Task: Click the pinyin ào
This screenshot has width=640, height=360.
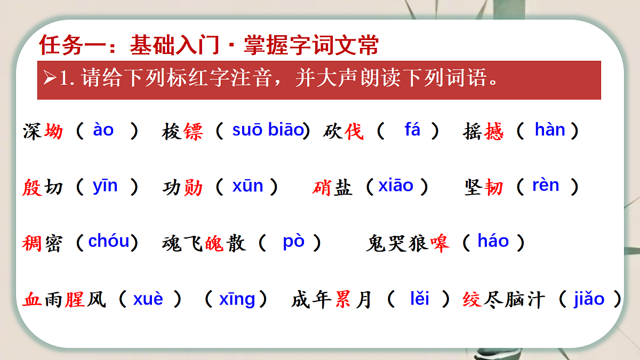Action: (103, 130)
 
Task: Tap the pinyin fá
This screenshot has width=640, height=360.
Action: (412, 130)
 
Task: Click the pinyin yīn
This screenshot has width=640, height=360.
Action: (105, 186)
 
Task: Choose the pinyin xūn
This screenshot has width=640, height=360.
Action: (247, 186)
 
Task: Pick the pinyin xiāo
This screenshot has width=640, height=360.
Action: (396, 186)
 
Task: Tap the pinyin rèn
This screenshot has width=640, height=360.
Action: (546, 186)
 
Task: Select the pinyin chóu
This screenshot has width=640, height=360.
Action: (109, 242)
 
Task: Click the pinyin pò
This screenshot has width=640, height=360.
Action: (293, 242)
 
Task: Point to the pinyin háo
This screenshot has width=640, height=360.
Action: (493, 242)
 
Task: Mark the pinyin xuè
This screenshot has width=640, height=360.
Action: (148, 299)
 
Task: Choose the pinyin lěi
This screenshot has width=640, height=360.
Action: (420, 299)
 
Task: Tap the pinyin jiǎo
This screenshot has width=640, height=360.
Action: (589, 299)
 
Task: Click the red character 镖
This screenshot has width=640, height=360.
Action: (193, 131)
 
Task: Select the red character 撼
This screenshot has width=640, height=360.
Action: (494, 131)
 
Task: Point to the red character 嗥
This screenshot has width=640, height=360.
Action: (440, 243)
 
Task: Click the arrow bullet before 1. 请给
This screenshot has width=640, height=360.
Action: (50, 79)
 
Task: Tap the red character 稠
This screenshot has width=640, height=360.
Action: (32, 243)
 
